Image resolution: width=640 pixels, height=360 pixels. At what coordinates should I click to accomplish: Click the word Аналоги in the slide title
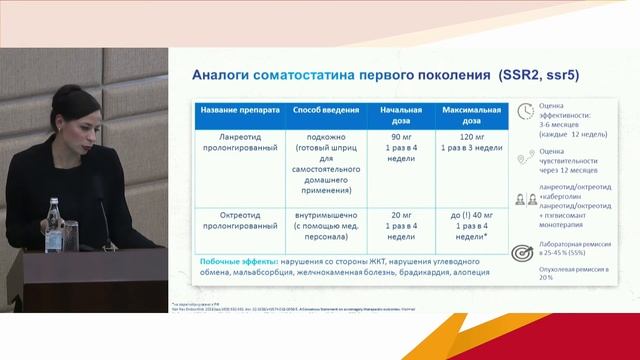click(221, 76)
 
